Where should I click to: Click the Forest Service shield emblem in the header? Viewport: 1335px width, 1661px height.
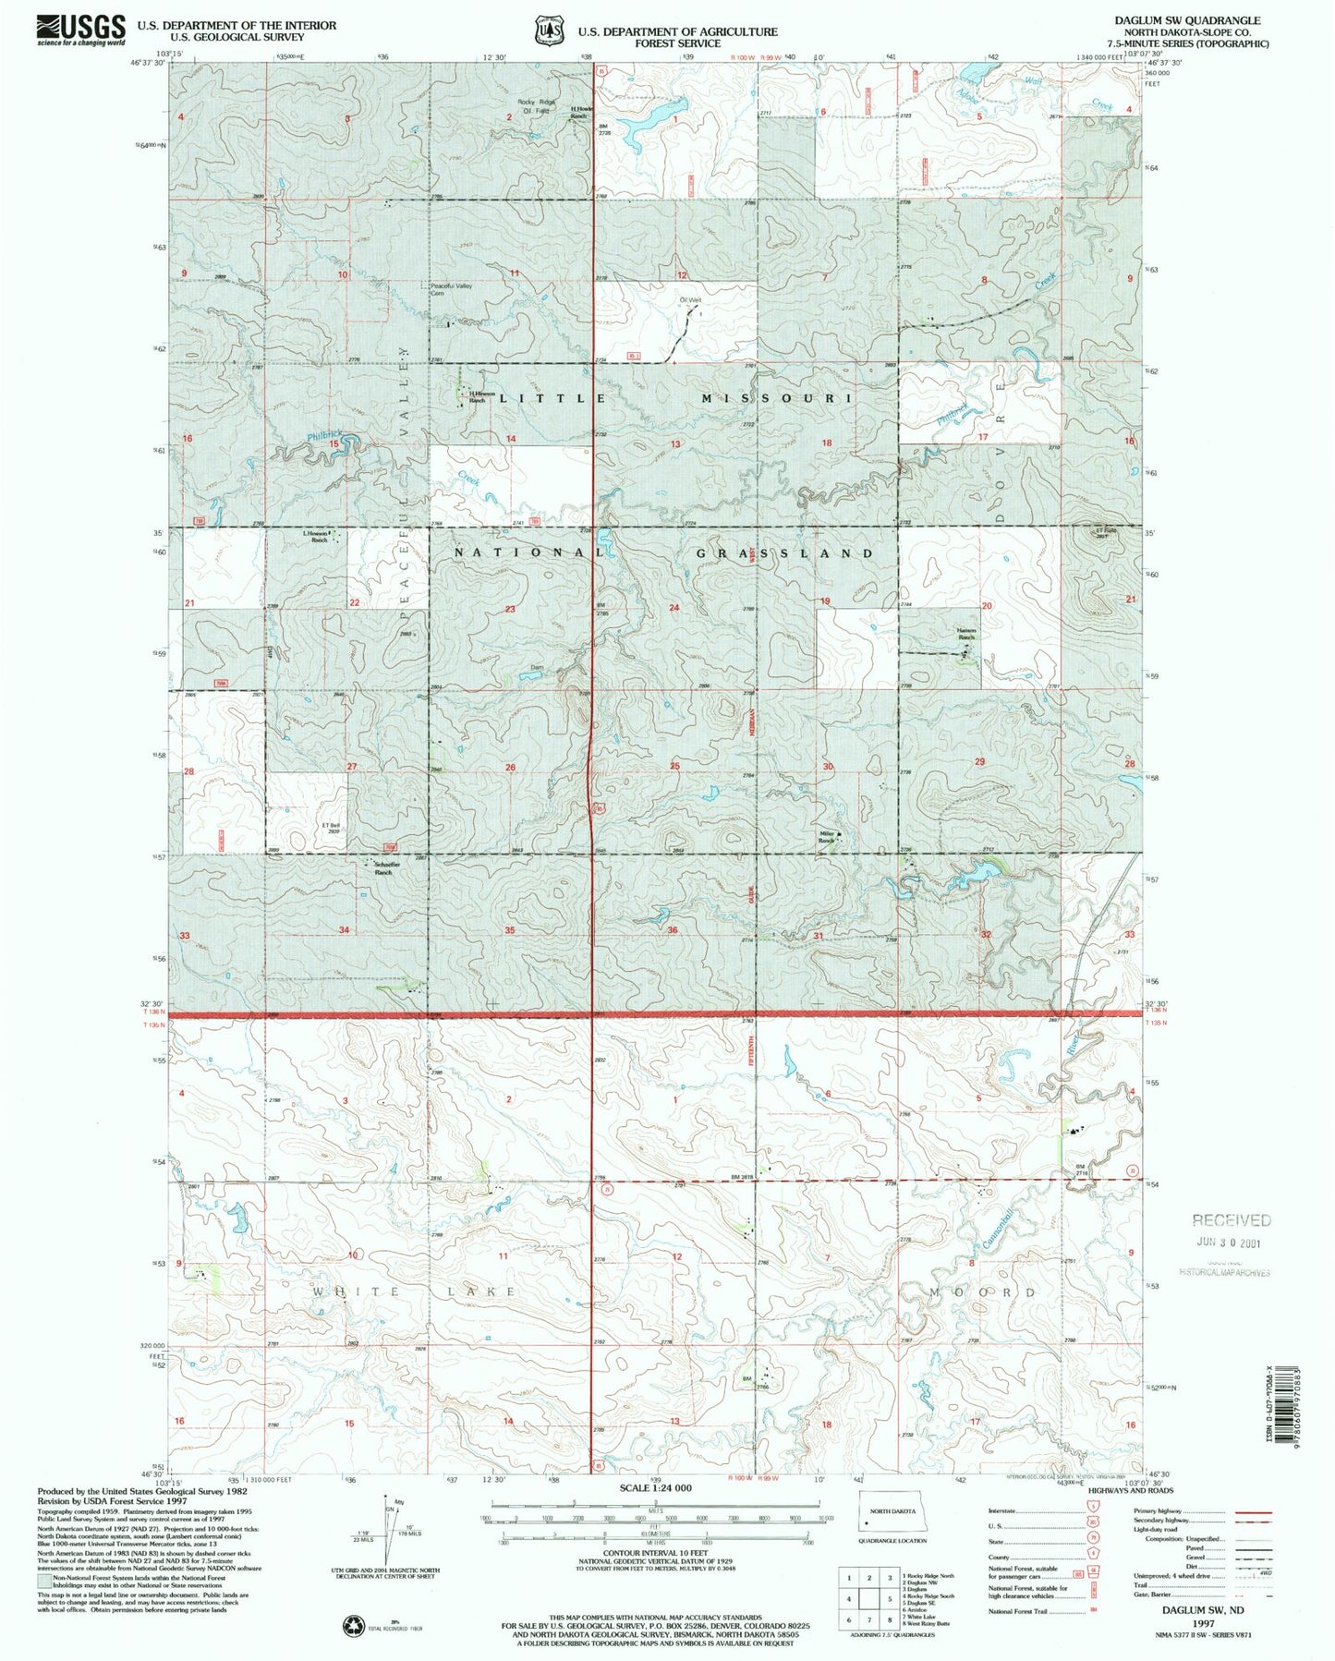click(x=548, y=30)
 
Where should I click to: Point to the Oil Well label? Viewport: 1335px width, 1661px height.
click(x=691, y=299)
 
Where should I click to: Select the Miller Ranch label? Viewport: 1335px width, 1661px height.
click(x=827, y=837)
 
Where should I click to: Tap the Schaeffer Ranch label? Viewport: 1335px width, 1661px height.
click(x=382, y=869)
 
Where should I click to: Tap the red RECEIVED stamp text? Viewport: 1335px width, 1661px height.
click(x=1231, y=1220)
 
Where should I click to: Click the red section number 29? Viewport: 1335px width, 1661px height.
click(x=979, y=761)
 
